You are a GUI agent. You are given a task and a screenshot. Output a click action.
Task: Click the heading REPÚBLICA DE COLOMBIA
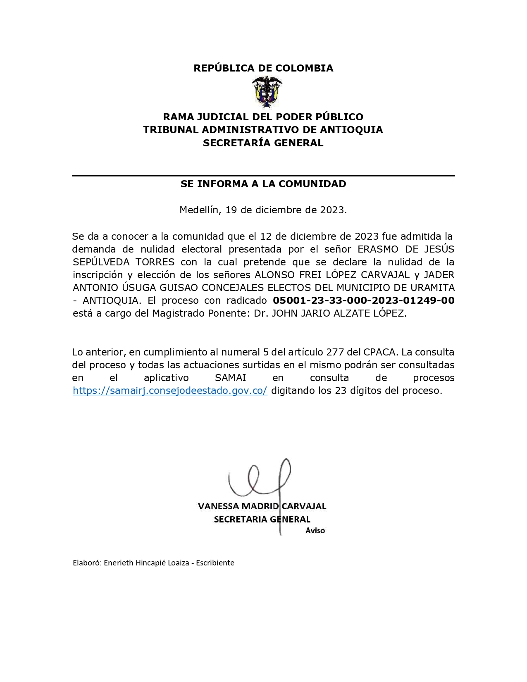coord(263,68)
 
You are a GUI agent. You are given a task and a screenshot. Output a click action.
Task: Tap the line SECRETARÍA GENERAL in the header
coord(263,143)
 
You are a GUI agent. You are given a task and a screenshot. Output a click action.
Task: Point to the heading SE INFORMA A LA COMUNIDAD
coord(263,184)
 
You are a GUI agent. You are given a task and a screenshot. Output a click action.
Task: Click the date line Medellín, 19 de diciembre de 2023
coord(263,210)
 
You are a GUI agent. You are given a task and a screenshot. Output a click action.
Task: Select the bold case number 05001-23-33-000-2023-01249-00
coord(364,300)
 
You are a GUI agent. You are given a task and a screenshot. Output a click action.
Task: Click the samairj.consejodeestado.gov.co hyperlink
coord(170,391)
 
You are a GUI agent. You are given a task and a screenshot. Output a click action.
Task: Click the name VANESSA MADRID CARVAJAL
coord(262,506)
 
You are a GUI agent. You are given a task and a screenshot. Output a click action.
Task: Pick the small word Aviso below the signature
coord(315,531)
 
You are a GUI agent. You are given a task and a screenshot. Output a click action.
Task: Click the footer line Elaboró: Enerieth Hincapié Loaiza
coord(153,563)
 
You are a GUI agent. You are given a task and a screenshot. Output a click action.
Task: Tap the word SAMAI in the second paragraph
coord(231,378)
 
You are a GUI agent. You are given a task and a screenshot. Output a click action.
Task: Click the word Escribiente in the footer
coord(215,563)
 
